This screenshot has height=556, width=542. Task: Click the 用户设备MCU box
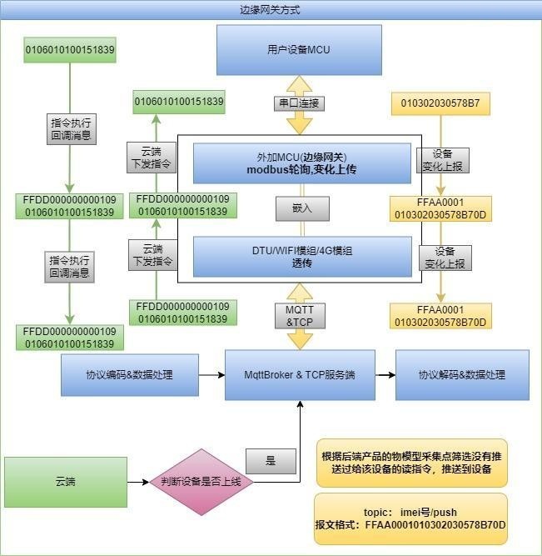(299, 50)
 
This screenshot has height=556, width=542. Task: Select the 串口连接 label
(299, 103)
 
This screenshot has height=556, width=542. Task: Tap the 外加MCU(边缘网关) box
(302, 163)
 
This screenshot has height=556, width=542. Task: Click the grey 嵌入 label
(302, 208)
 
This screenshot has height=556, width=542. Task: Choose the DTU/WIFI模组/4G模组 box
(302, 257)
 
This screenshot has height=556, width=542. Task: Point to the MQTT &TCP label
(300, 316)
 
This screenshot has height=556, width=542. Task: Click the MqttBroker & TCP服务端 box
(300, 375)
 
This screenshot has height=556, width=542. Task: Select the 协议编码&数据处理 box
(130, 375)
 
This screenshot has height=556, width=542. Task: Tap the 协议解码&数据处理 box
(462, 375)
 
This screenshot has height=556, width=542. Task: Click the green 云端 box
(66, 482)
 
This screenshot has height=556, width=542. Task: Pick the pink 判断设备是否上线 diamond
(201, 482)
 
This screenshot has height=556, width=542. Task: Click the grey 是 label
(271, 461)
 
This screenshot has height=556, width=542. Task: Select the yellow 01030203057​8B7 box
(440, 103)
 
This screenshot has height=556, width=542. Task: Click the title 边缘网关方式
(270, 9)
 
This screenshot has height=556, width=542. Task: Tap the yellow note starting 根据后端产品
(412, 463)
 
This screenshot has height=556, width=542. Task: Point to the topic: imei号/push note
(411, 518)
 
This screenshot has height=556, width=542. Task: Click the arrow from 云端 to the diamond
(138, 482)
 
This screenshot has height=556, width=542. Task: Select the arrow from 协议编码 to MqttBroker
(211, 375)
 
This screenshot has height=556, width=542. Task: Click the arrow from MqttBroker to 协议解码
(385, 375)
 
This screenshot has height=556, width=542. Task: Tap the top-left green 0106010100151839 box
(70, 50)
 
